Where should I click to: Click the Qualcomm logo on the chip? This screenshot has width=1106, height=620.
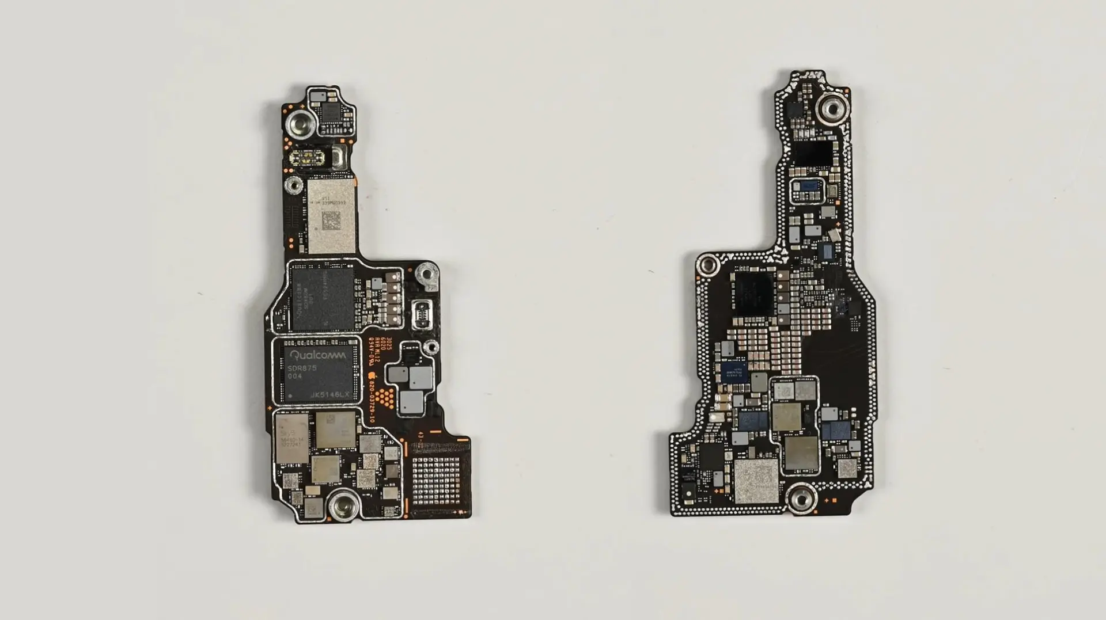click(x=317, y=355)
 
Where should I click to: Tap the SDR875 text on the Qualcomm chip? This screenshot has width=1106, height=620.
click(x=304, y=368)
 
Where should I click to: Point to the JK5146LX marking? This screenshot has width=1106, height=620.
click(x=329, y=394)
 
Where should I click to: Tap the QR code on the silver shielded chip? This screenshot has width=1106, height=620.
click(x=331, y=220)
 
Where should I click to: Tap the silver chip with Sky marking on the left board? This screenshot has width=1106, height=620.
click(x=291, y=437)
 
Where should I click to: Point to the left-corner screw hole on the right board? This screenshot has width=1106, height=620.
click(x=707, y=266)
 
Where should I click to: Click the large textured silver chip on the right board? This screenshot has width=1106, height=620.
click(x=756, y=480)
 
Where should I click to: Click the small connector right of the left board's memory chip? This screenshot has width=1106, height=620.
click(x=422, y=315)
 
